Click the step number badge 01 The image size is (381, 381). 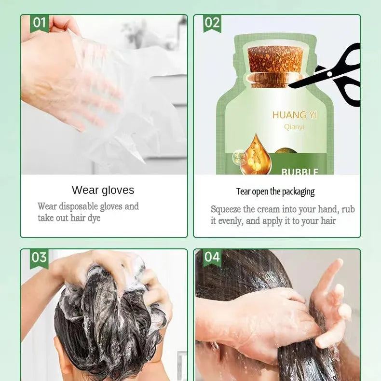(x=40, y=23)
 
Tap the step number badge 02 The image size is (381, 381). (x=212, y=23)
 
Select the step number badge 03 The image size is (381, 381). (x=39, y=259)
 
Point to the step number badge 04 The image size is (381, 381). (x=212, y=258)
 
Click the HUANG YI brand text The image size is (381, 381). (x=295, y=115)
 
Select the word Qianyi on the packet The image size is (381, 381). (x=294, y=127)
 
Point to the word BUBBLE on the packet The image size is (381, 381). (x=299, y=172)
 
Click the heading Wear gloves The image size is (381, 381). (x=103, y=190)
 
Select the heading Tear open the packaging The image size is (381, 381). (x=275, y=192)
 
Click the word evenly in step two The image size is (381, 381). (x=231, y=221)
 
